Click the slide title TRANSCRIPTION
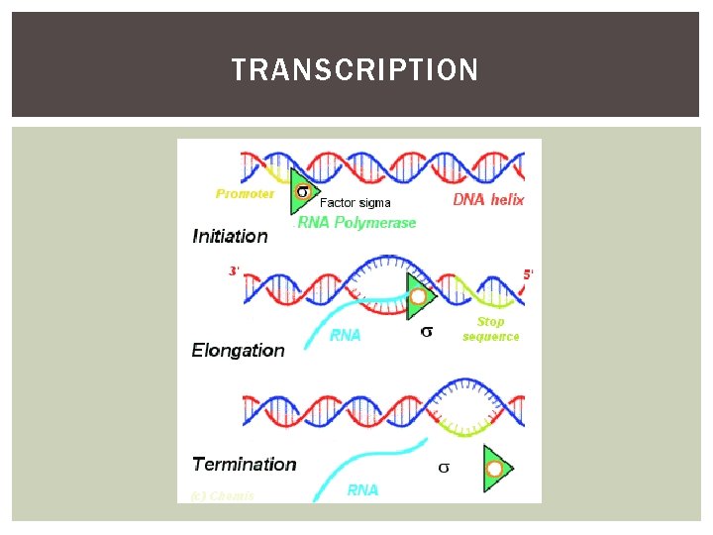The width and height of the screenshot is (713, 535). [355, 70]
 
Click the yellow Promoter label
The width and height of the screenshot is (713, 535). [245, 194]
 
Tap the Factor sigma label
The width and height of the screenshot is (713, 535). [355, 202]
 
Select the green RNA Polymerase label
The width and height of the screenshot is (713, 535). [357, 223]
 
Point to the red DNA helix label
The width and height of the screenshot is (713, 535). [488, 200]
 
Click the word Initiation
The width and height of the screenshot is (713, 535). [230, 236]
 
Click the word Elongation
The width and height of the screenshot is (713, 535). [238, 350]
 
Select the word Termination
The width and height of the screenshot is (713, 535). [244, 464]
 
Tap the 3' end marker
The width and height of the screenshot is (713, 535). [234, 270]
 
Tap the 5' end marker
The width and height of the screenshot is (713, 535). [529, 273]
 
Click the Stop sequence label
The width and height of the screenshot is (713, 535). [490, 329]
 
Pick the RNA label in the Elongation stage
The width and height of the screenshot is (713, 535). [346, 335]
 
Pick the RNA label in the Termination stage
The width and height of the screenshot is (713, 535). [362, 489]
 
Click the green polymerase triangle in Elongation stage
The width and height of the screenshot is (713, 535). [420, 296]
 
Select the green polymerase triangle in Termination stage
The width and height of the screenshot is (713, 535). [497, 468]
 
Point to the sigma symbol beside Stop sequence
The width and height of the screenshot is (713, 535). [426, 332]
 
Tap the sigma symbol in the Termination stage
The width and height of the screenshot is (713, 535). [443, 467]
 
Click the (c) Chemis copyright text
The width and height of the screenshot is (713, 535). [222, 495]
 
